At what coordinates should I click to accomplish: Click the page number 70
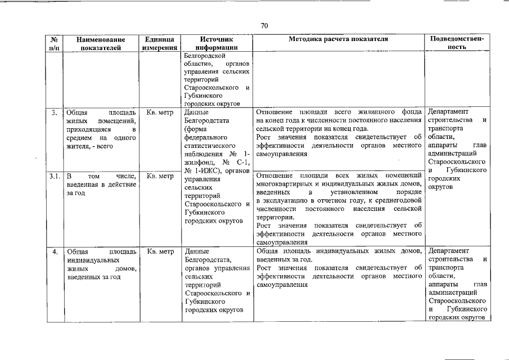(264, 25)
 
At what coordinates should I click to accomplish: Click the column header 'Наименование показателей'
(101, 44)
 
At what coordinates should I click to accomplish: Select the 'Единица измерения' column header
(159, 44)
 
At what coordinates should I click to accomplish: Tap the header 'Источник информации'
(217, 44)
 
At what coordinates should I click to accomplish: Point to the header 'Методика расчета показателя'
(339, 40)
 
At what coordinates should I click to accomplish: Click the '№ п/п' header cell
(55, 44)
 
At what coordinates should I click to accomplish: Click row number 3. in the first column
(55, 112)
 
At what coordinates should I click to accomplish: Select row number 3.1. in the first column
(55, 176)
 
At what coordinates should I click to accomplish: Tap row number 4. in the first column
(55, 251)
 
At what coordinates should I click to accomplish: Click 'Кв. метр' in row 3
(159, 112)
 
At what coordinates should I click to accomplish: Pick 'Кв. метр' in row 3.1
(159, 176)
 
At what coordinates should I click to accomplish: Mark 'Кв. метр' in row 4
(159, 251)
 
